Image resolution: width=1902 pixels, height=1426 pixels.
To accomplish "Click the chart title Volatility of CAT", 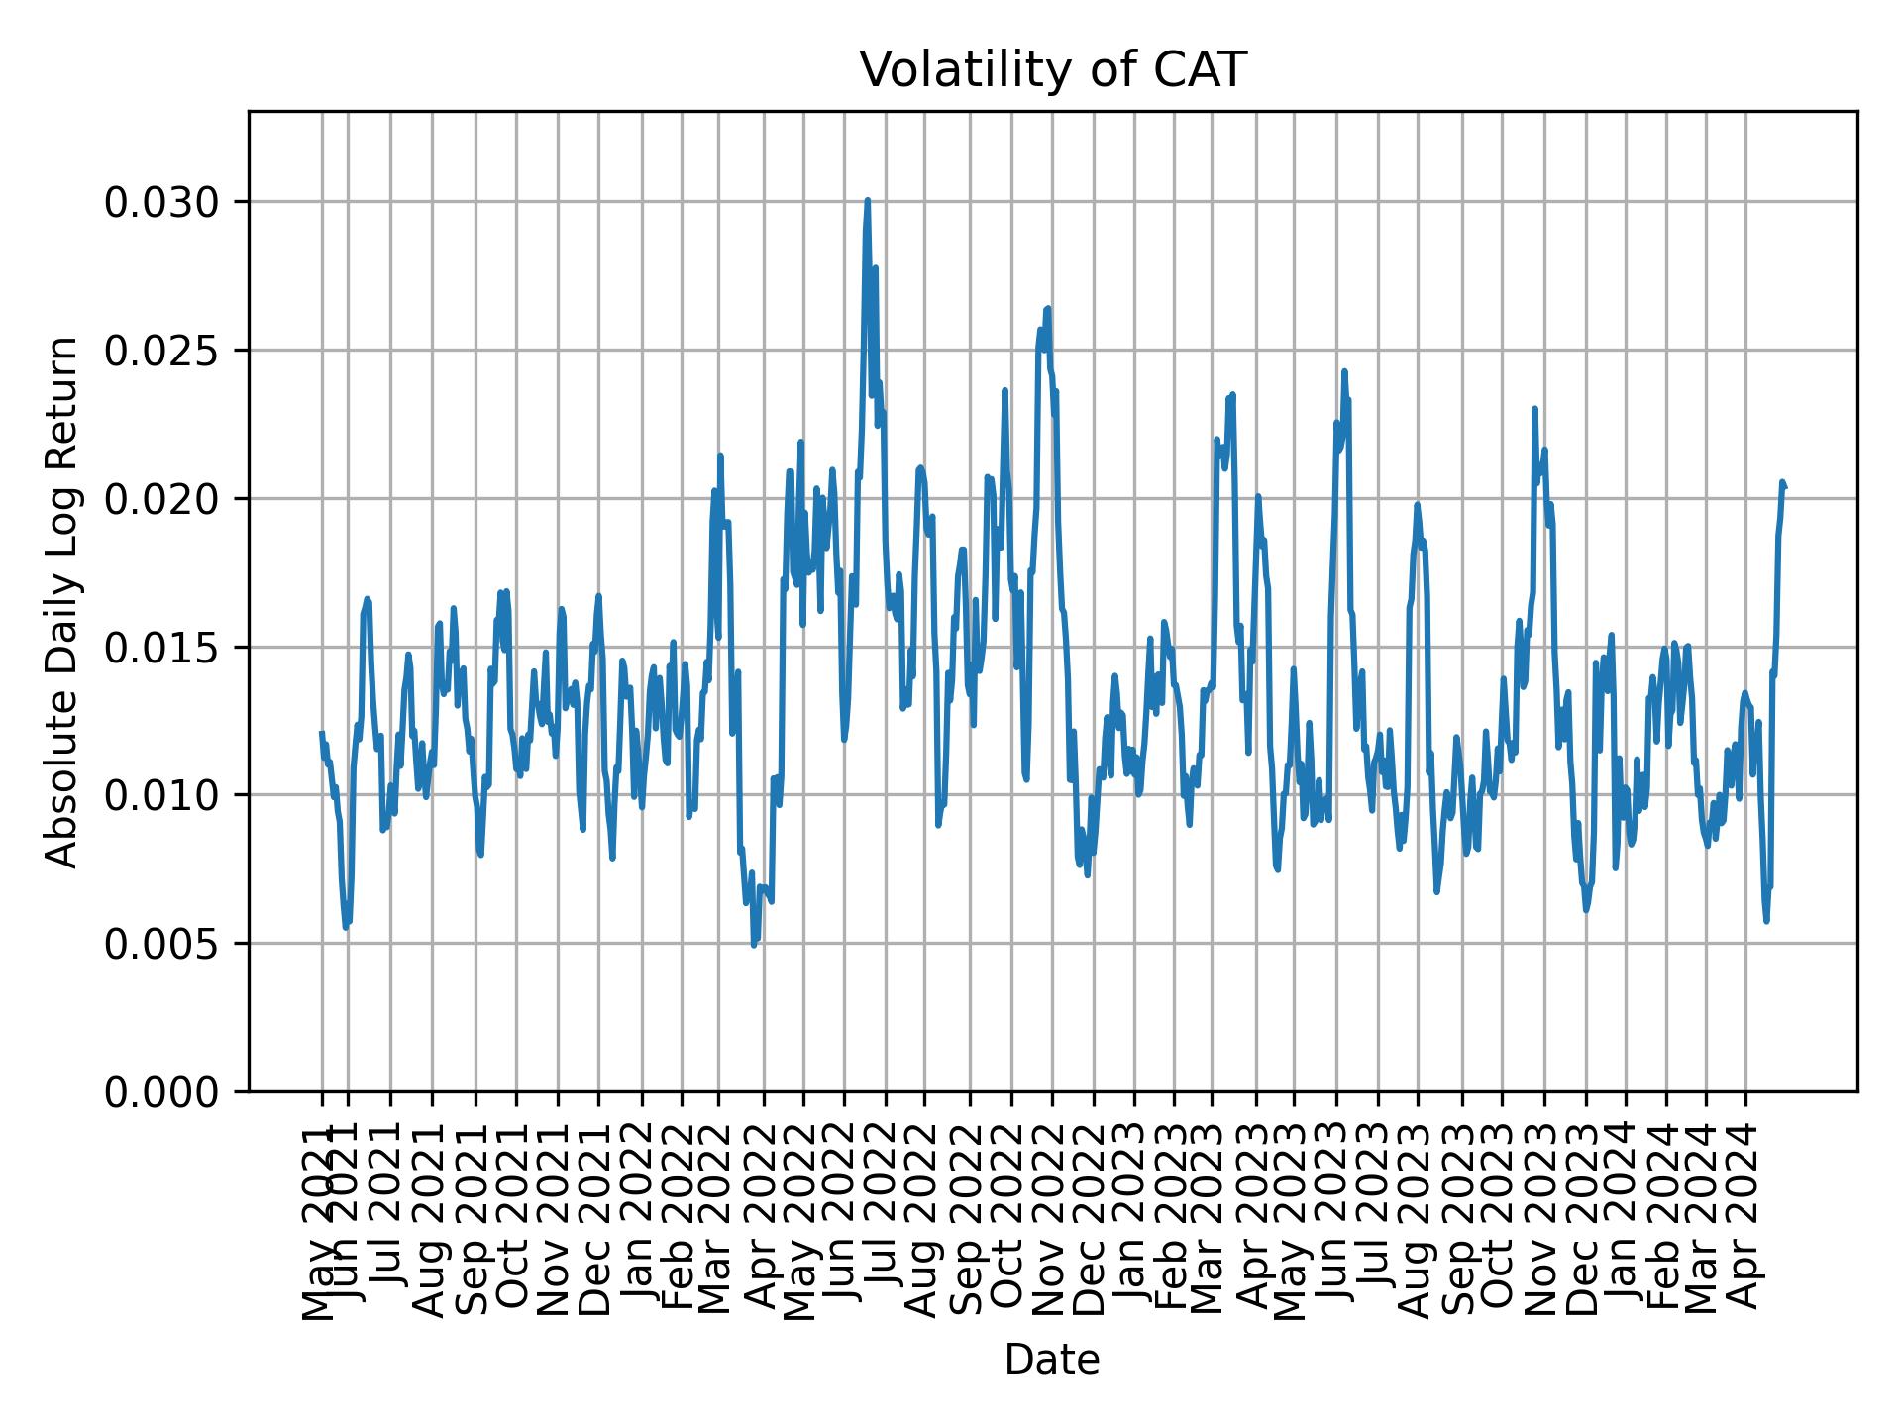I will [1052, 71].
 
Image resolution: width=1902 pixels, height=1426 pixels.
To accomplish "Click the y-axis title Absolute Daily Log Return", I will [63, 602].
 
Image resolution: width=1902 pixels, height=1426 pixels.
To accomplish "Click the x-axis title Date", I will [1052, 1361].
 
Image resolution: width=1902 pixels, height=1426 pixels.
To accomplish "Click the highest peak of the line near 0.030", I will [867, 201].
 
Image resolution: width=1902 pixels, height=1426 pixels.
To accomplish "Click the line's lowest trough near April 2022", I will [754, 944].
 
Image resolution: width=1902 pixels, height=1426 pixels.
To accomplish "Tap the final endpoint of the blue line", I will [1784, 486].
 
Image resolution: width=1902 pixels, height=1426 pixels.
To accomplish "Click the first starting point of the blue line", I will [321, 733].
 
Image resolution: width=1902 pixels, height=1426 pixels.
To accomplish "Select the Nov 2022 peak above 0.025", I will [1047, 309].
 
